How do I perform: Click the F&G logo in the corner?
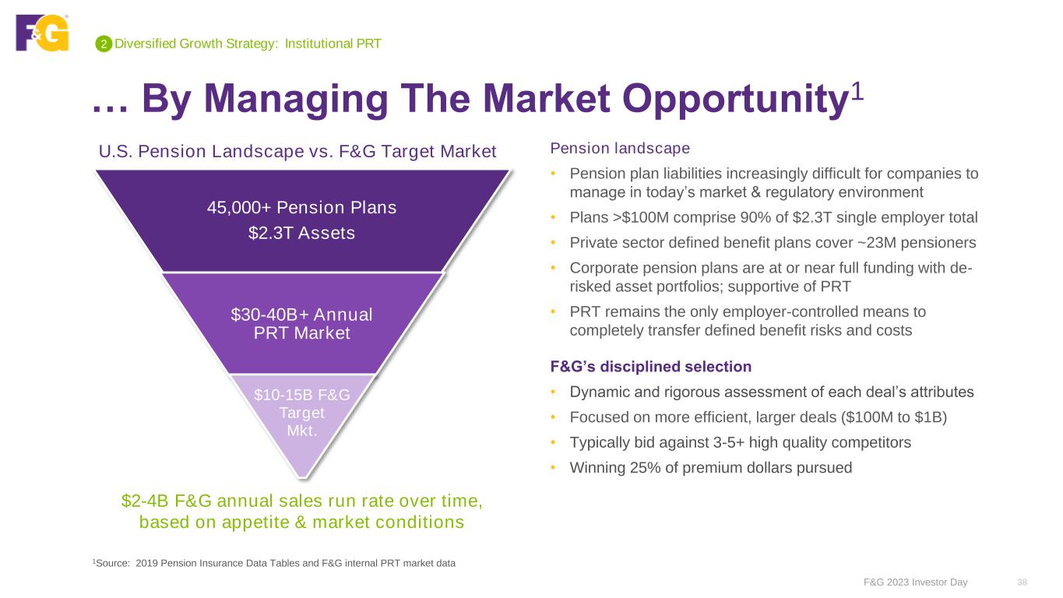pyautogui.click(x=42, y=32)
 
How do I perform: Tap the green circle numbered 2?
pyautogui.click(x=104, y=44)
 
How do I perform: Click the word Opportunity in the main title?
pyautogui.click(x=735, y=100)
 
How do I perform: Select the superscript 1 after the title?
pyautogui.click(x=857, y=90)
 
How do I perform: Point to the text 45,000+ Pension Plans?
pyautogui.click(x=302, y=207)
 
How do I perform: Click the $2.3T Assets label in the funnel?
pyautogui.click(x=302, y=233)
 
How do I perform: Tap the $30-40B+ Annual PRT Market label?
pyautogui.click(x=302, y=324)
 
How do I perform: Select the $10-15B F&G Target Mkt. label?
pyautogui.click(x=302, y=413)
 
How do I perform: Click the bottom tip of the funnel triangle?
pyautogui.click(x=302, y=477)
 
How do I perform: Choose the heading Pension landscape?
pyautogui.click(x=620, y=148)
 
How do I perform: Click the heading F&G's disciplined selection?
pyautogui.click(x=650, y=367)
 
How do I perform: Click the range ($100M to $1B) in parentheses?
pyautogui.click(x=893, y=417)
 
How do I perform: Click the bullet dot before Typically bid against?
pyautogui.click(x=553, y=442)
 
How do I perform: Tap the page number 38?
pyautogui.click(x=1023, y=582)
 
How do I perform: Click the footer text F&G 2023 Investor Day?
pyautogui.click(x=915, y=582)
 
